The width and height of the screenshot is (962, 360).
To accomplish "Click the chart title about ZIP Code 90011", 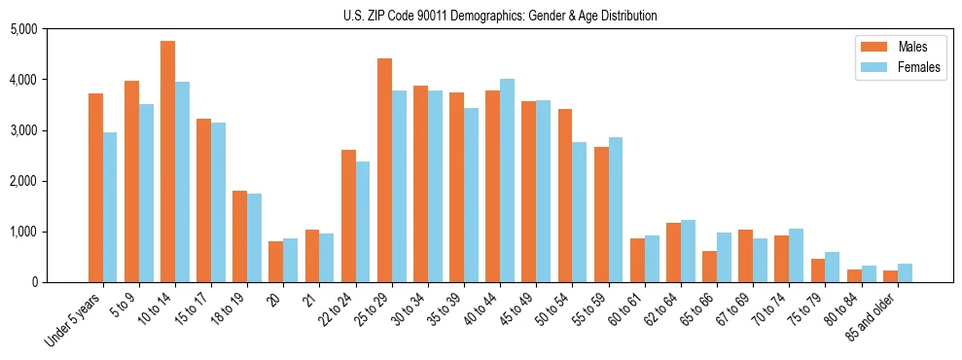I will click(x=500, y=16).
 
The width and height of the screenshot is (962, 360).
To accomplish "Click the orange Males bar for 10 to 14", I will click(x=167, y=162).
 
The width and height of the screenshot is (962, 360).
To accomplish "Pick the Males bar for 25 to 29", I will click(x=384, y=170).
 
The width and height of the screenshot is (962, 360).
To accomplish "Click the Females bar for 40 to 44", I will click(x=507, y=180).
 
